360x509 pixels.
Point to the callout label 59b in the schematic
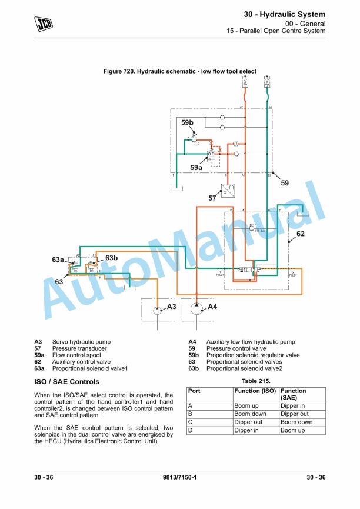[x=187, y=122]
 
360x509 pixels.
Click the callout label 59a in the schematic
[x=196, y=168]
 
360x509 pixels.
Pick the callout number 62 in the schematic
[x=300, y=234]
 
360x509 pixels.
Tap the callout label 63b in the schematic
[x=112, y=258]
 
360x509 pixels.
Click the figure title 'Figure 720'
[x=179, y=71]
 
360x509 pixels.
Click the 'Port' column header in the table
[x=194, y=391]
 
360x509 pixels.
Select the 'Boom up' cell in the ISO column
[x=246, y=406]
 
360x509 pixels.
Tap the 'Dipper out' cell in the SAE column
[x=294, y=414]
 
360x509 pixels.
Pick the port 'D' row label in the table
[x=190, y=431]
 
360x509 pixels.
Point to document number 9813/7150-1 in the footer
[x=179, y=477]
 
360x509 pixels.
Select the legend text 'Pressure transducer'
[x=79, y=348]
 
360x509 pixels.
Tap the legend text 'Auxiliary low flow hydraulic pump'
[x=251, y=342]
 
